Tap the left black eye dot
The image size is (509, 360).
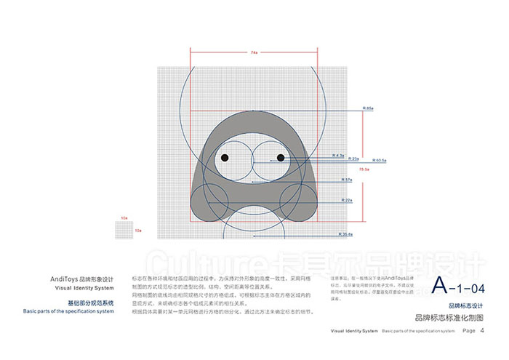click(x=225, y=158)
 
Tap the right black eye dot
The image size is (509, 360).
click(x=281, y=158)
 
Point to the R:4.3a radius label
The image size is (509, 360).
click(x=337, y=156)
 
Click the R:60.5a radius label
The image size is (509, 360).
click(x=380, y=159)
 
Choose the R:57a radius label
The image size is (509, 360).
click(x=348, y=180)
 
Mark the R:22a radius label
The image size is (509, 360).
click(x=348, y=199)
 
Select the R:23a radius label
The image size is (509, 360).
click(x=356, y=158)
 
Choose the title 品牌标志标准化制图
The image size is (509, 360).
click(x=448, y=318)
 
